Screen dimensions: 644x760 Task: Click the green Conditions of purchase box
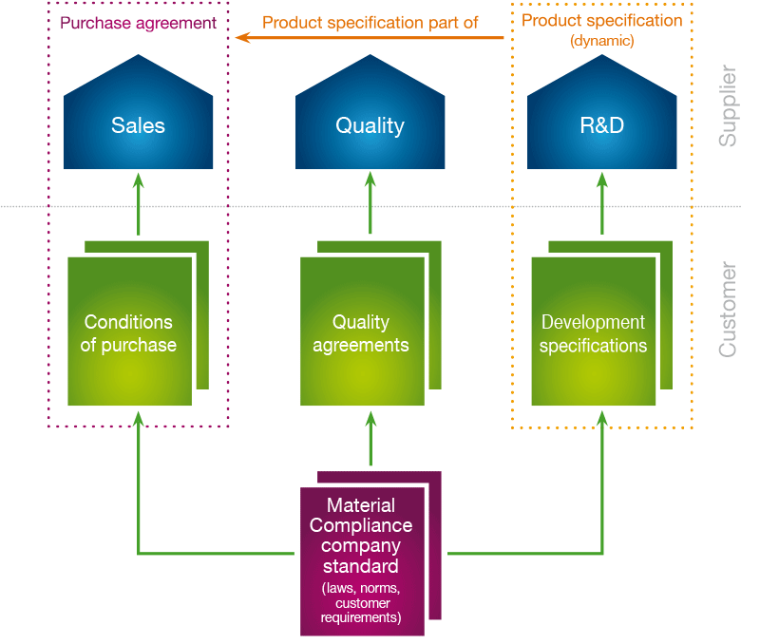click(129, 331)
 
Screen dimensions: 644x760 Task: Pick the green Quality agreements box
click(361, 331)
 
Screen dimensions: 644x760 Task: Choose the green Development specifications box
click(593, 331)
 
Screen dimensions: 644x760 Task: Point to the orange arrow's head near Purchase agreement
click(241, 38)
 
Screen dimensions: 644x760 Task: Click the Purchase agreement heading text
click(138, 22)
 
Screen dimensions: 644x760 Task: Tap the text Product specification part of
click(370, 22)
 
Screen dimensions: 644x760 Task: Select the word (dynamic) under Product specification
click(601, 41)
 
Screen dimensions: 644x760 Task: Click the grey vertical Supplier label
click(728, 105)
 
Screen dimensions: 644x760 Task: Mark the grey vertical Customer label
click(728, 310)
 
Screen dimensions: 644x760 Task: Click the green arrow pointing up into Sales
click(138, 204)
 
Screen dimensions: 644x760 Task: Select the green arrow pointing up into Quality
click(370, 204)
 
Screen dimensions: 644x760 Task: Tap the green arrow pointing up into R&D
click(601, 204)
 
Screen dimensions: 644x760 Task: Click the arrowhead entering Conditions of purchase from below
click(138, 418)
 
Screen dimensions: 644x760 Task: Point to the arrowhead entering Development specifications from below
click(601, 418)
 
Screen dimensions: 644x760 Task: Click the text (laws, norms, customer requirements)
click(361, 602)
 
